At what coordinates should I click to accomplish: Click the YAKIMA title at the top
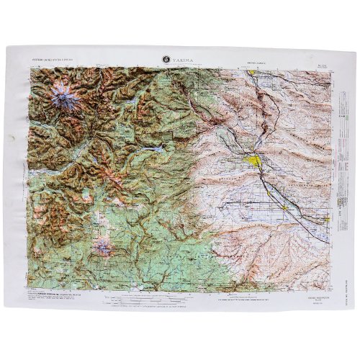tap(183, 60)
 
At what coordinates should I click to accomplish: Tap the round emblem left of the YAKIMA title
tap(167, 60)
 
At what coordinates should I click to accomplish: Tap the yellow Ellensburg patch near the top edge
tap(253, 73)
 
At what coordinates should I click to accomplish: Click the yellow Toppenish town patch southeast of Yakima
tap(286, 207)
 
